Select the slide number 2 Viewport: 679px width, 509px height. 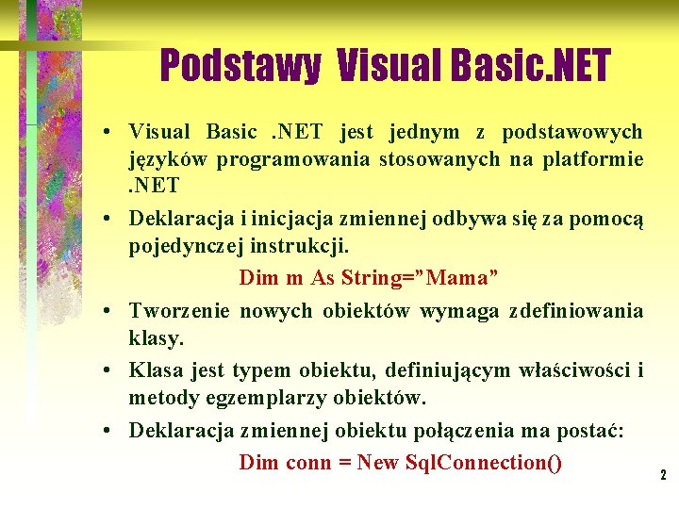pos(663,476)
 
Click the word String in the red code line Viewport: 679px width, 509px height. pos(373,278)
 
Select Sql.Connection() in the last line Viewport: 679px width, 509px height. pos(483,463)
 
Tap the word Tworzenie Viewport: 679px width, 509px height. pos(179,311)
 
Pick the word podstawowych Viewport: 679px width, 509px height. pos(572,132)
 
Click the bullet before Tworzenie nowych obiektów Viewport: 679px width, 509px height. pos(110,311)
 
